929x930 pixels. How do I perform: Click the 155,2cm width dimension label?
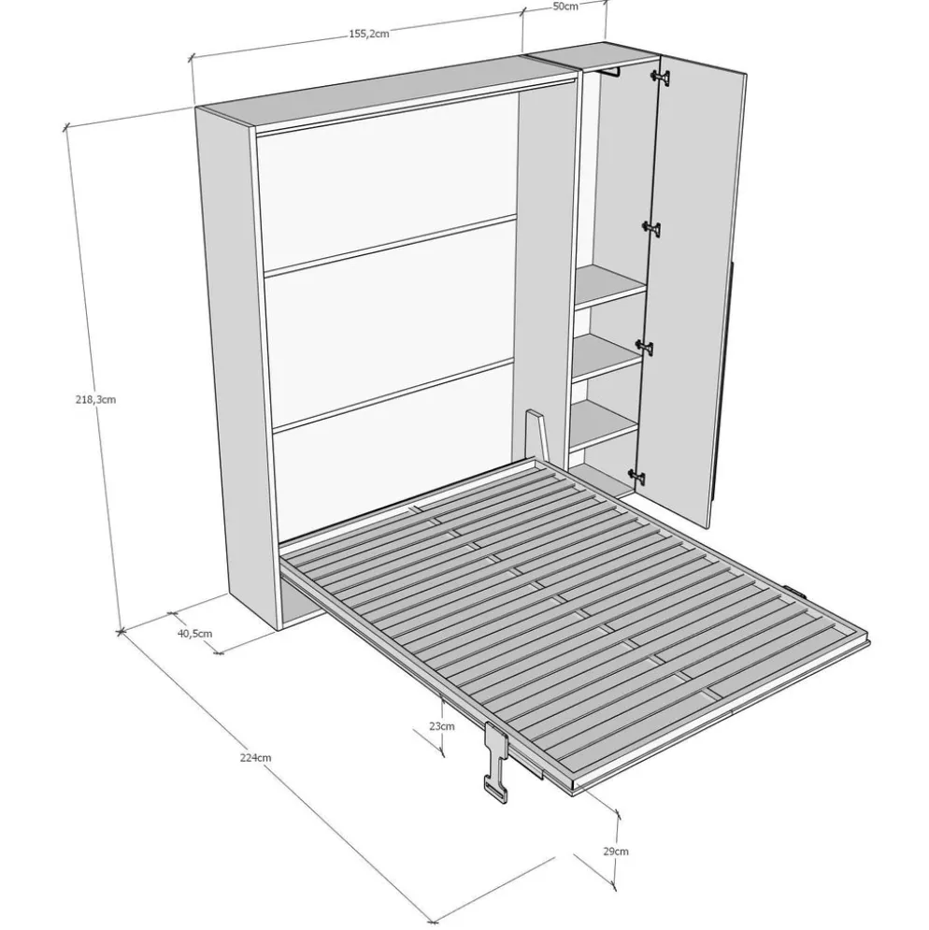368,34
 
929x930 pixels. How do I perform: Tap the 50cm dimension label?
565,7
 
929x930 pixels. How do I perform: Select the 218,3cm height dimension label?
95,400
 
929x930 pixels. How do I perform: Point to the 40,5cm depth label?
194,634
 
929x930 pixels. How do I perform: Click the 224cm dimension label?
256,757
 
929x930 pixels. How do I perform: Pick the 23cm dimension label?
442,726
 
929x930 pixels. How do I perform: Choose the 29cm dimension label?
616,851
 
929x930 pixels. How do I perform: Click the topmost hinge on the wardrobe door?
661,76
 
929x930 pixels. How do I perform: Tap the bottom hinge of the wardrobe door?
637,475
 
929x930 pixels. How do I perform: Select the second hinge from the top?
652,228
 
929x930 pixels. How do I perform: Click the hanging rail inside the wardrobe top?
610,72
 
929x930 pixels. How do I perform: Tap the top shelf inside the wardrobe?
611,286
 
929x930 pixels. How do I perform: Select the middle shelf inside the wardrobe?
607,357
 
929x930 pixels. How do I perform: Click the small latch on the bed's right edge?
796,592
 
